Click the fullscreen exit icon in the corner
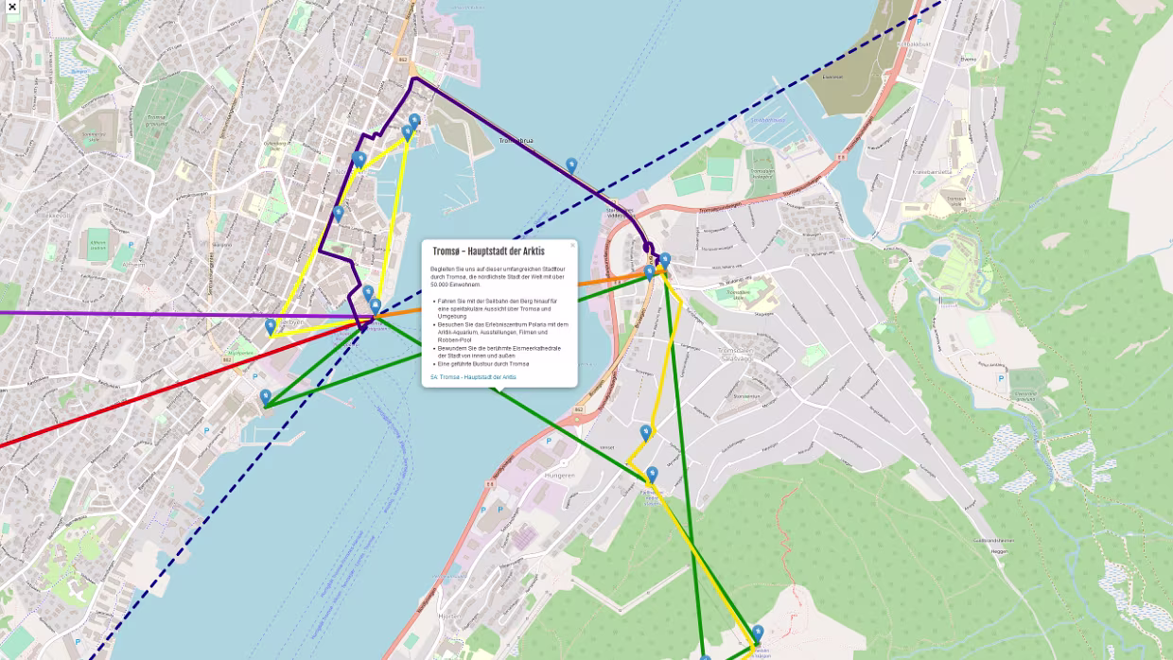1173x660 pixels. [x=11, y=7]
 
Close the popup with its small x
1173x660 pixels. [x=572, y=245]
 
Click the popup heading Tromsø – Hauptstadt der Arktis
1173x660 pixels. [x=488, y=252]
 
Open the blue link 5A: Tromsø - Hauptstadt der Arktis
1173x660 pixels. [x=473, y=377]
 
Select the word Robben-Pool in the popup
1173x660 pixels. [x=455, y=339]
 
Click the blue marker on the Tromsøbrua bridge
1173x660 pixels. [x=571, y=165]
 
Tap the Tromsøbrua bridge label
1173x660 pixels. [x=516, y=141]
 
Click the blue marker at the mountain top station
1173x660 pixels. [x=758, y=633]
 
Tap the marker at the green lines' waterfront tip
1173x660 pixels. [x=266, y=396]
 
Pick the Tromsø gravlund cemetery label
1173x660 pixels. [x=156, y=121]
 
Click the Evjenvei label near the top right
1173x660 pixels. [x=968, y=59]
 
